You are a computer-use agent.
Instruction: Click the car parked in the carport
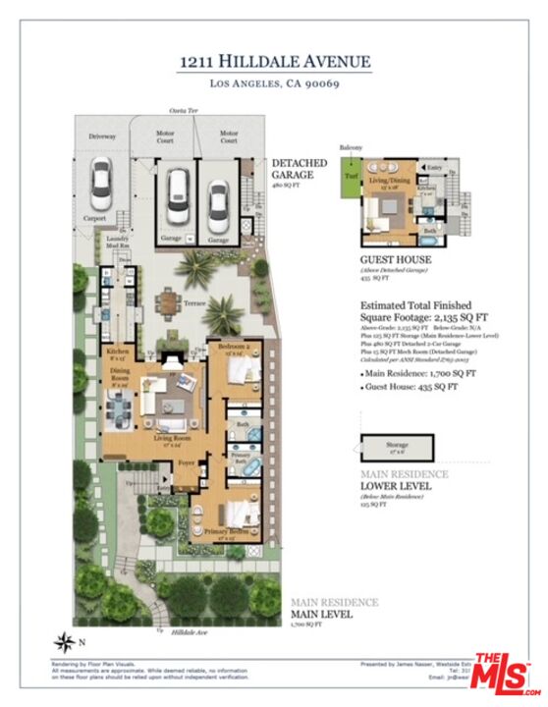click(x=99, y=182)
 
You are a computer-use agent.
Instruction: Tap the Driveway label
click(x=102, y=136)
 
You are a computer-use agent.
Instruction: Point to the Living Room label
click(x=171, y=438)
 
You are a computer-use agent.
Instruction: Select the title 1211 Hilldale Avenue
click(x=274, y=62)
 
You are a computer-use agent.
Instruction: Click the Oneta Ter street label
click(x=179, y=113)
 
